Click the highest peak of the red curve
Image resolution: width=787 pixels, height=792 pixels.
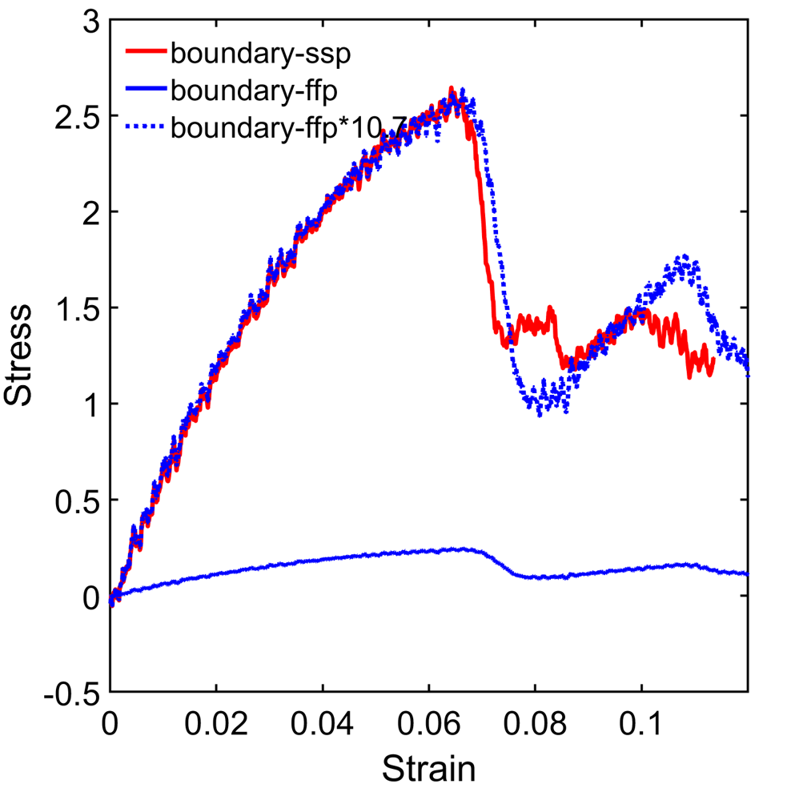[452, 90]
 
